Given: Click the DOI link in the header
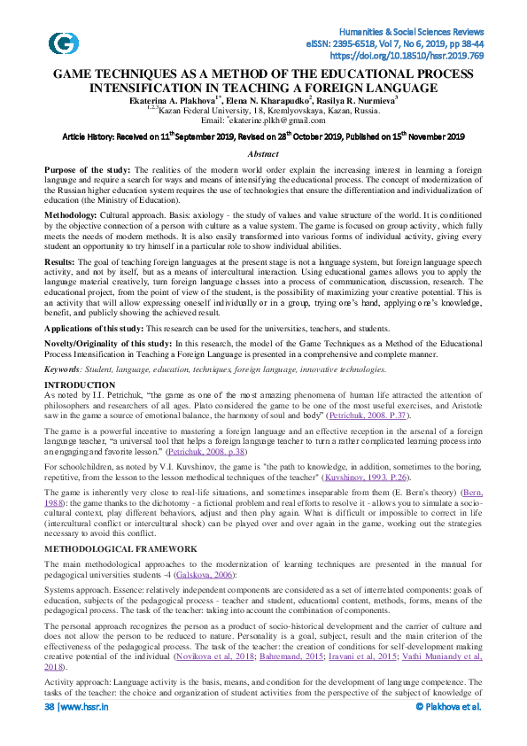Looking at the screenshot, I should click(x=418, y=54).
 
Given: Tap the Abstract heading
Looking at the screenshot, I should click(x=263, y=153).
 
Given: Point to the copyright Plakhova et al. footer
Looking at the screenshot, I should click(x=448, y=732).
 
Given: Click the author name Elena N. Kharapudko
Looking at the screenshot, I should click(x=271, y=102).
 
